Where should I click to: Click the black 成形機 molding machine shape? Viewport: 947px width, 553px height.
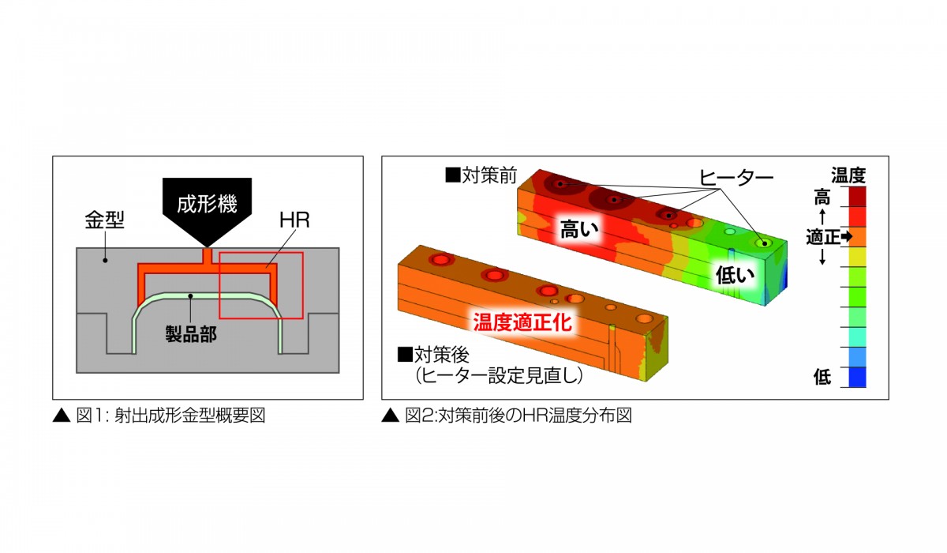coord(207,207)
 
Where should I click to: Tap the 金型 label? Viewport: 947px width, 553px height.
coord(104,220)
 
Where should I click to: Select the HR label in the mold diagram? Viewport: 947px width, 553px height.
coord(294,220)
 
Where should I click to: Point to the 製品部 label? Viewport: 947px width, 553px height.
coord(191,334)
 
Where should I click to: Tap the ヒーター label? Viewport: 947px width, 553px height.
coord(736,178)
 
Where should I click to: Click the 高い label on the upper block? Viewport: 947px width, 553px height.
coord(579,229)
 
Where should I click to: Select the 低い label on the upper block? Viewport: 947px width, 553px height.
coord(735,275)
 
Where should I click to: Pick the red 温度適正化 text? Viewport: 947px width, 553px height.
coord(522,322)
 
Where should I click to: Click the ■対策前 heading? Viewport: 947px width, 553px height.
coord(481,175)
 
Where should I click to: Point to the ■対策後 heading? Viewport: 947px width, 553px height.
coord(433,355)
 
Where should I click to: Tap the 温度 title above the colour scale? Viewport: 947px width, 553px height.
coord(848,175)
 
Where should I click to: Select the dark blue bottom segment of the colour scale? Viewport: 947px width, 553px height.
coord(857,377)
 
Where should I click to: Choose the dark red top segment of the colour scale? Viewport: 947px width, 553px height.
coord(857,197)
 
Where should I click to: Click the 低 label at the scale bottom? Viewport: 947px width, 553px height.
coord(822,377)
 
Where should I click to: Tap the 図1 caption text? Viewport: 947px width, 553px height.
coord(159,416)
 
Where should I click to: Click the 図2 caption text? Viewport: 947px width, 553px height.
coord(507,416)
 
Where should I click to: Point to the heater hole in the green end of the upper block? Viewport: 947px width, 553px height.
coord(764,243)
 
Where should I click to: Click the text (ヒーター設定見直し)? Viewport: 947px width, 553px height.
coord(499,376)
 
